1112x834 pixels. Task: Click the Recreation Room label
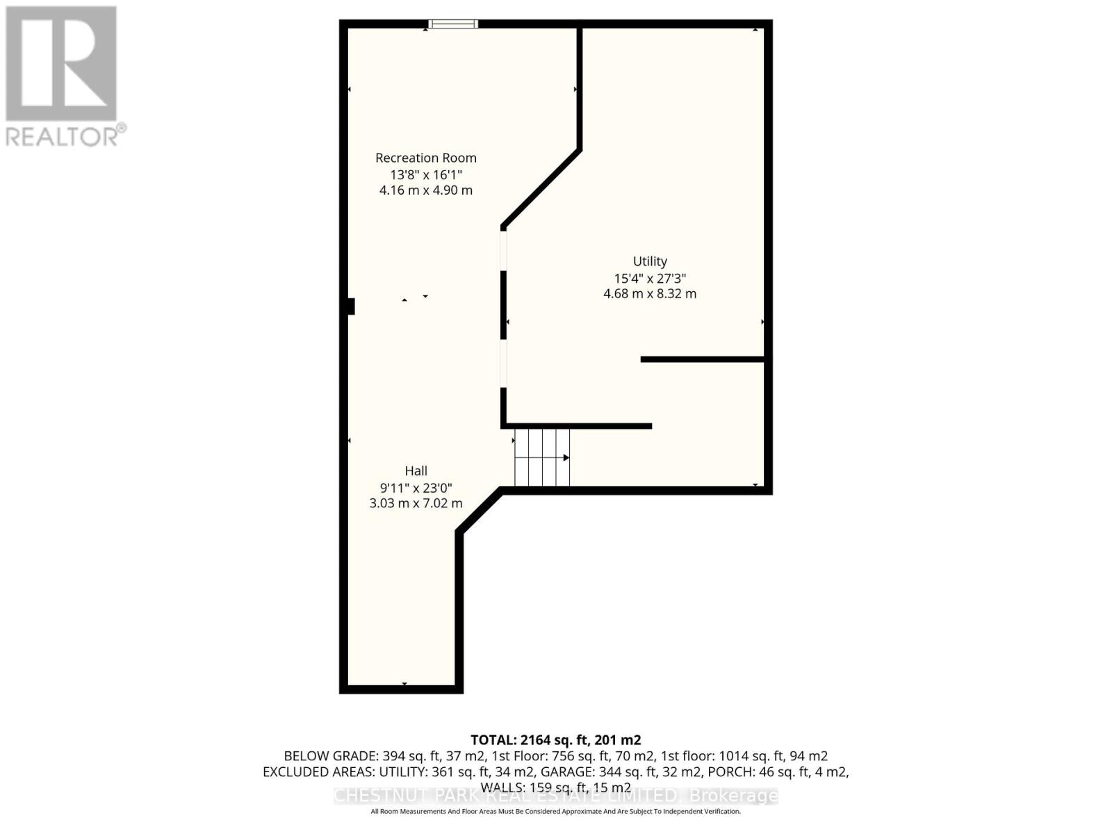425,158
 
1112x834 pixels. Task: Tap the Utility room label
650,261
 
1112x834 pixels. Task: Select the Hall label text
416,471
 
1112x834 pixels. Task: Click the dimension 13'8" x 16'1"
425,174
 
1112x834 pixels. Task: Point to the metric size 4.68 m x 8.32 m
650,293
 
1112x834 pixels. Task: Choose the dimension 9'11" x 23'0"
416,487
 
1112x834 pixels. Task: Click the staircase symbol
541,457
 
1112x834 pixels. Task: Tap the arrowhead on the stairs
566,457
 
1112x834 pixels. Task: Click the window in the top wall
453,24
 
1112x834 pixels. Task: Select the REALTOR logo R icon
61,63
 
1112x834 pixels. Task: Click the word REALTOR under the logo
61,136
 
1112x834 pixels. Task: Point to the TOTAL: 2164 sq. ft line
555,740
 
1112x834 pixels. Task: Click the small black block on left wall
351,306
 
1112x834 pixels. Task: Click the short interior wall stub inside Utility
702,359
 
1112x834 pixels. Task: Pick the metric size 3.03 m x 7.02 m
416,503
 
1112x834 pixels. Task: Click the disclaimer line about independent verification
555,811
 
